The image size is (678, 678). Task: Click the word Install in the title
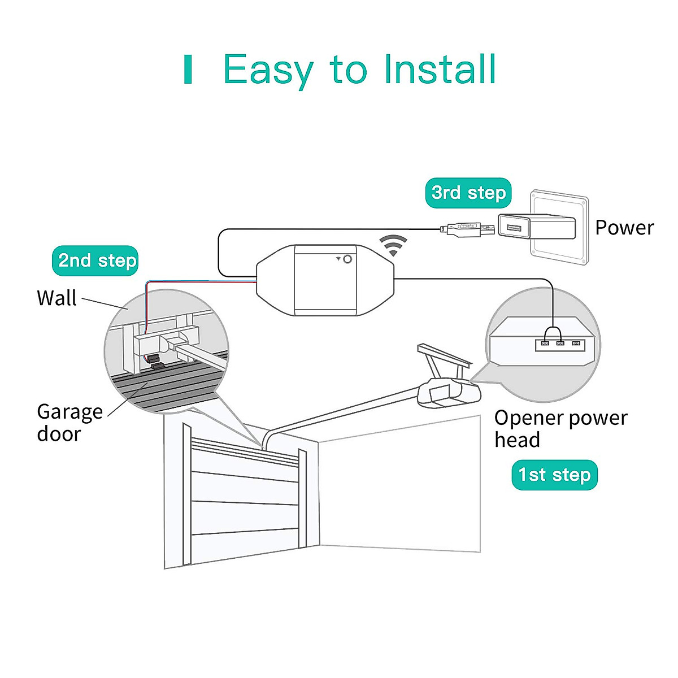(440, 69)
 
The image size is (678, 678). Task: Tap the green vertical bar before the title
(188, 70)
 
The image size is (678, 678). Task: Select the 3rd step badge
(468, 193)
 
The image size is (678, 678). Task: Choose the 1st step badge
(554, 475)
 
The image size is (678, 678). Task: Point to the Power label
(624, 228)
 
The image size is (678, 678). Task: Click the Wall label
(56, 298)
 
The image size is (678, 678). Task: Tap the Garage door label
(69, 422)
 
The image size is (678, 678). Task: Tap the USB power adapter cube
(536, 227)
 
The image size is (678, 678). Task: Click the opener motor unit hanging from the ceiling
(448, 392)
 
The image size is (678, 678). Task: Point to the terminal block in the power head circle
(560, 343)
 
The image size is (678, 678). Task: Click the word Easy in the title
(268, 69)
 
